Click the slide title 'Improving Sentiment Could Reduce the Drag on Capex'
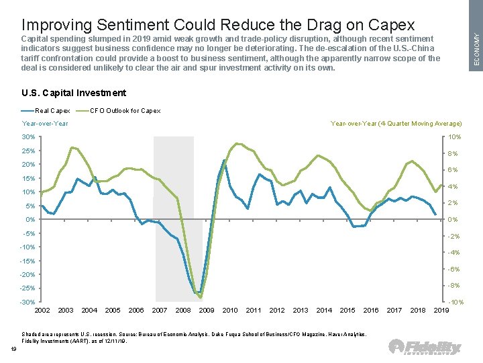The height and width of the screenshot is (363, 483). (218, 25)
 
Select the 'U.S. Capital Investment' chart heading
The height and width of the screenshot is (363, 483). (74, 93)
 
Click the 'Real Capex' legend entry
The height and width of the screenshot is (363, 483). (46, 110)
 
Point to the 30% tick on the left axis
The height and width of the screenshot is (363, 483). (28, 137)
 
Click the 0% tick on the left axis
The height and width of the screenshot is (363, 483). (30, 220)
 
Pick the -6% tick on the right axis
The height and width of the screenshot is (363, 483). (453, 269)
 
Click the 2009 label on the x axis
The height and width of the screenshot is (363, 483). (207, 310)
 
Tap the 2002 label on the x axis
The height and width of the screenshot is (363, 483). (42, 310)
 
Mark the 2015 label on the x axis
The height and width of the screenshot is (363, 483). (347, 310)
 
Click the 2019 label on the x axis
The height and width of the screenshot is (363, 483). (441, 310)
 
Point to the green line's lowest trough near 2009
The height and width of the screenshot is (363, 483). (201, 297)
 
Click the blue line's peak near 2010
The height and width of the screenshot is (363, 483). (224, 160)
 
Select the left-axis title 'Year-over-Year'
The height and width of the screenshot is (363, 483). (45, 124)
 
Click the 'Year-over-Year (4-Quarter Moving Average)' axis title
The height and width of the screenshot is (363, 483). (396, 124)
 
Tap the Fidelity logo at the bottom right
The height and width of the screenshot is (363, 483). (425, 347)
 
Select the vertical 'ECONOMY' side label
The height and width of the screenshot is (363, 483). (475, 47)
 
